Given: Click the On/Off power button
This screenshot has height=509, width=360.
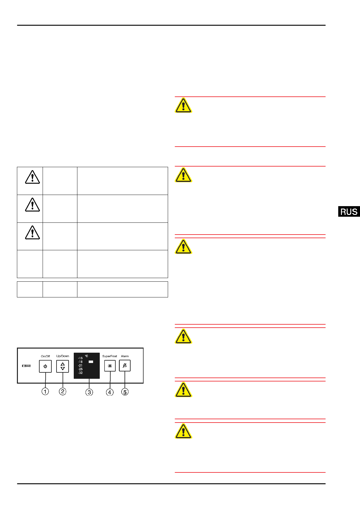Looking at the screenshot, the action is tap(45, 366).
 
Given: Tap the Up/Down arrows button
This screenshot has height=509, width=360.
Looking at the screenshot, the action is tap(63, 366).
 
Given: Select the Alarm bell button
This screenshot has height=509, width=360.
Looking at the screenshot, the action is tap(125, 366).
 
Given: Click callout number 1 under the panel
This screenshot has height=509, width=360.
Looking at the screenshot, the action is tap(45, 392).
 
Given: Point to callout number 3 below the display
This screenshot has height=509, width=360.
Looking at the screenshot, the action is tap(89, 392).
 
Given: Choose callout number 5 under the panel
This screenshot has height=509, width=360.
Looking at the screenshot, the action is tap(125, 392).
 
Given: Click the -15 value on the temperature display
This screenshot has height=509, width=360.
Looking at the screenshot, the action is tap(80, 358).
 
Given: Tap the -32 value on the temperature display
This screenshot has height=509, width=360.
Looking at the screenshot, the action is tap(80, 373).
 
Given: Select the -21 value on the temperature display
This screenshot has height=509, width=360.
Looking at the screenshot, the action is tap(80, 365).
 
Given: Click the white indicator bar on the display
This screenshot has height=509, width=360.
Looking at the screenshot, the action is tap(91, 361).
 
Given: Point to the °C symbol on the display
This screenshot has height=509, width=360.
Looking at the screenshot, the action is tap(86, 356).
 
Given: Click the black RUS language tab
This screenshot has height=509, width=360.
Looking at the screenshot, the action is tap(349, 212).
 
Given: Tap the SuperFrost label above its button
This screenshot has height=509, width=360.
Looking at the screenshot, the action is tap(109, 356).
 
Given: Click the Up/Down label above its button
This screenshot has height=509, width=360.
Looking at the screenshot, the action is tap(63, 356).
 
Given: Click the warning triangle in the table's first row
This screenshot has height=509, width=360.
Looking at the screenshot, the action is tap(32, 177).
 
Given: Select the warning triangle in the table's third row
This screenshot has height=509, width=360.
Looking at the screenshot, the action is tap(32, 232).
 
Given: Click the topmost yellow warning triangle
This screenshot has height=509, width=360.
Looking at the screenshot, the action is tap(183, 105).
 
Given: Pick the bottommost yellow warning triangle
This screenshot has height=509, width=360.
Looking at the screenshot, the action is tap(183, 431).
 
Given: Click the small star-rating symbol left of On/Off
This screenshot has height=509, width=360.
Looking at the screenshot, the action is tap(26, 366).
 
